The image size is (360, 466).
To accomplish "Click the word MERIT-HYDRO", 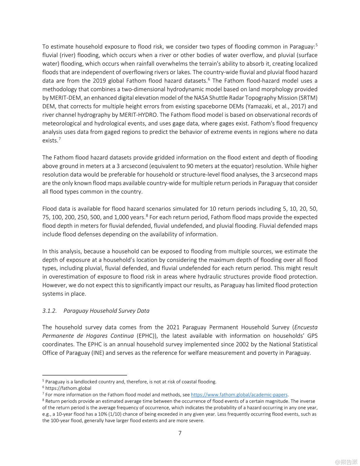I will point(138,115).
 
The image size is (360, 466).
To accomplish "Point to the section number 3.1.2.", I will point(50,311).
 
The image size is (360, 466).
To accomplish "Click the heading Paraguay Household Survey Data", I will point(106,311).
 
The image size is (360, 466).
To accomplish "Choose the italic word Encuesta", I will point(306,327).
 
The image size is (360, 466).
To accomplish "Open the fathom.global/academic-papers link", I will point(239,395).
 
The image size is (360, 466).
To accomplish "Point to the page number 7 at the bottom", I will point(180,433).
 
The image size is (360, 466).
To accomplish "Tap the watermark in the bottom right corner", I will point(346,462).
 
